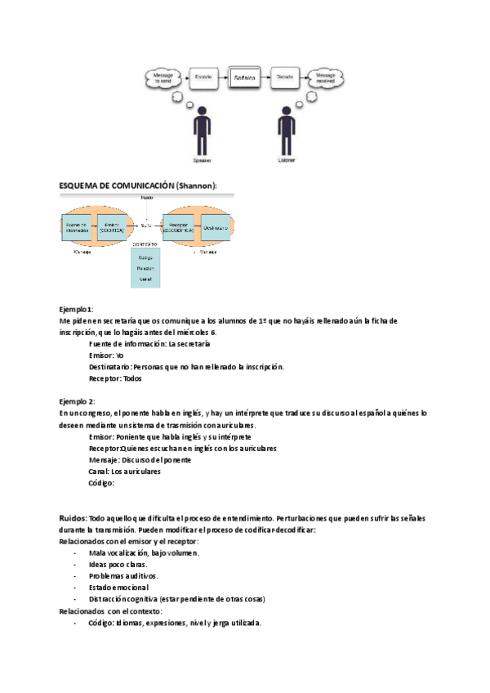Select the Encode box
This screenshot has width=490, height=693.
203,78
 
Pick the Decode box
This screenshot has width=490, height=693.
285,78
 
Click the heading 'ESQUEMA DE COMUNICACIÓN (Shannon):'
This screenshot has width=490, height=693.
138,186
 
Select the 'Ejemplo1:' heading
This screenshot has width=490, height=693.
76,309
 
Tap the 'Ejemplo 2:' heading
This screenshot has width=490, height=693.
77,402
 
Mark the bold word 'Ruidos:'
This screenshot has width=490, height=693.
73,518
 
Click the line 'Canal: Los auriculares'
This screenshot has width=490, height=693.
124,472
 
